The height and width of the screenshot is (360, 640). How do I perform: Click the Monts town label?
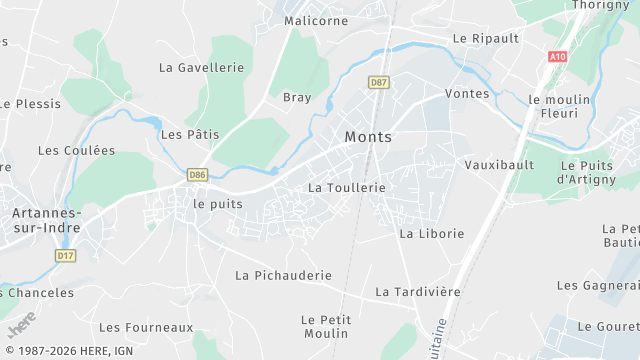point(368,137)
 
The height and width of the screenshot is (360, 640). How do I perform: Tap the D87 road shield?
point(378,82)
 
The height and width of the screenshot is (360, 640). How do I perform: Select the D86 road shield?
point(197,175)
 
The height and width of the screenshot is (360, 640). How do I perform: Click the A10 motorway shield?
point(557,57)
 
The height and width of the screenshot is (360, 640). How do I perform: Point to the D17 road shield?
point(66,256)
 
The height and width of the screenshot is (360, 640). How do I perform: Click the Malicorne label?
point(316,20)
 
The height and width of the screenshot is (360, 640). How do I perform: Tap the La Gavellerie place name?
point(201,67)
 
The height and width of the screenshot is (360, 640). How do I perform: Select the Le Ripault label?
point(486,38)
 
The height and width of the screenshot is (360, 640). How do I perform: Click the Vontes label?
point(469,94)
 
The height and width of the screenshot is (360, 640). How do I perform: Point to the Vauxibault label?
point(499,164)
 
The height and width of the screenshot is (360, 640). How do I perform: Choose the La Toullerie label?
point(347,187)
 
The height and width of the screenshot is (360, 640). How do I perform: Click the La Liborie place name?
point(432,233)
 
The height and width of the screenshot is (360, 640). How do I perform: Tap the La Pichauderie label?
point(283,275)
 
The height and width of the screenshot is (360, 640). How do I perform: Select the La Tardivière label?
point(418,291)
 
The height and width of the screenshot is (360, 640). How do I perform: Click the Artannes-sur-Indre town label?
point(46,220)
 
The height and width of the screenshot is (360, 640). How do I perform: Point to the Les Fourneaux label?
point(146,327)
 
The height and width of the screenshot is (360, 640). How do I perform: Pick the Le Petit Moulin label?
point(325,326)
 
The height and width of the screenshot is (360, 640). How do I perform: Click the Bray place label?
point(297,98)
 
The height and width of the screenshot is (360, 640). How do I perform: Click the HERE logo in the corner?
point(21,326)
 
